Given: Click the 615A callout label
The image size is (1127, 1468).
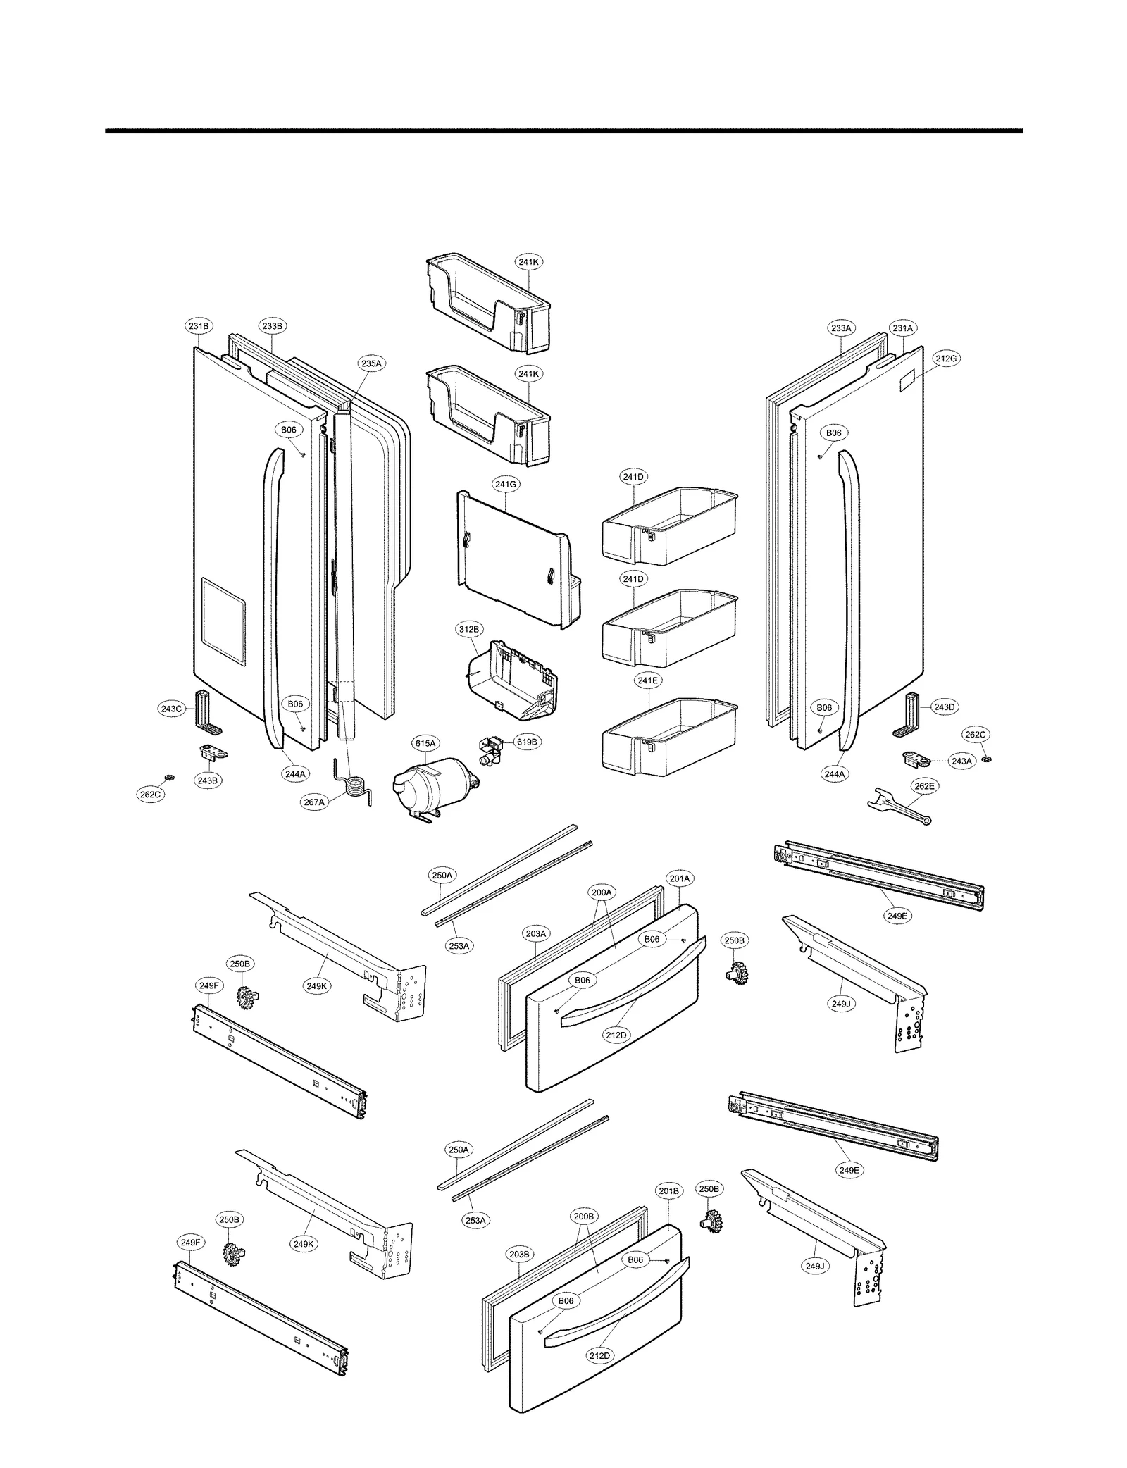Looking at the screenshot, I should point(425,743).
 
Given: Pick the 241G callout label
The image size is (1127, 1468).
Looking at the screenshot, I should point(506,484).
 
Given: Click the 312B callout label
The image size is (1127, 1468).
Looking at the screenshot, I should point(469,629).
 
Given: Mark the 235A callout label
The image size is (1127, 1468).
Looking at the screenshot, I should point(371,363).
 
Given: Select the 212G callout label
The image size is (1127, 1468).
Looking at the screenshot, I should point(947,359).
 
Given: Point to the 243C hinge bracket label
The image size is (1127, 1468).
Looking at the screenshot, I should point(171,709).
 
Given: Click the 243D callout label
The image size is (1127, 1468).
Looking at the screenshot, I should point(944,707).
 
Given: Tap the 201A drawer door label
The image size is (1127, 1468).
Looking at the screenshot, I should point(680,878).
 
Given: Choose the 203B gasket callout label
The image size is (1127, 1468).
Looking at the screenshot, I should point(519,1255).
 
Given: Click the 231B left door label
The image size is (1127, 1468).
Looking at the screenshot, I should point(198,326).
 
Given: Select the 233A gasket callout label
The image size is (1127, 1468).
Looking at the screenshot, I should point(841,328).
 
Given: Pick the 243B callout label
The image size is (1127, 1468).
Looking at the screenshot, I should point(207,780).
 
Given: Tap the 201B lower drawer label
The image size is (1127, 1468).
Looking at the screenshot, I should point(668,1191).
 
